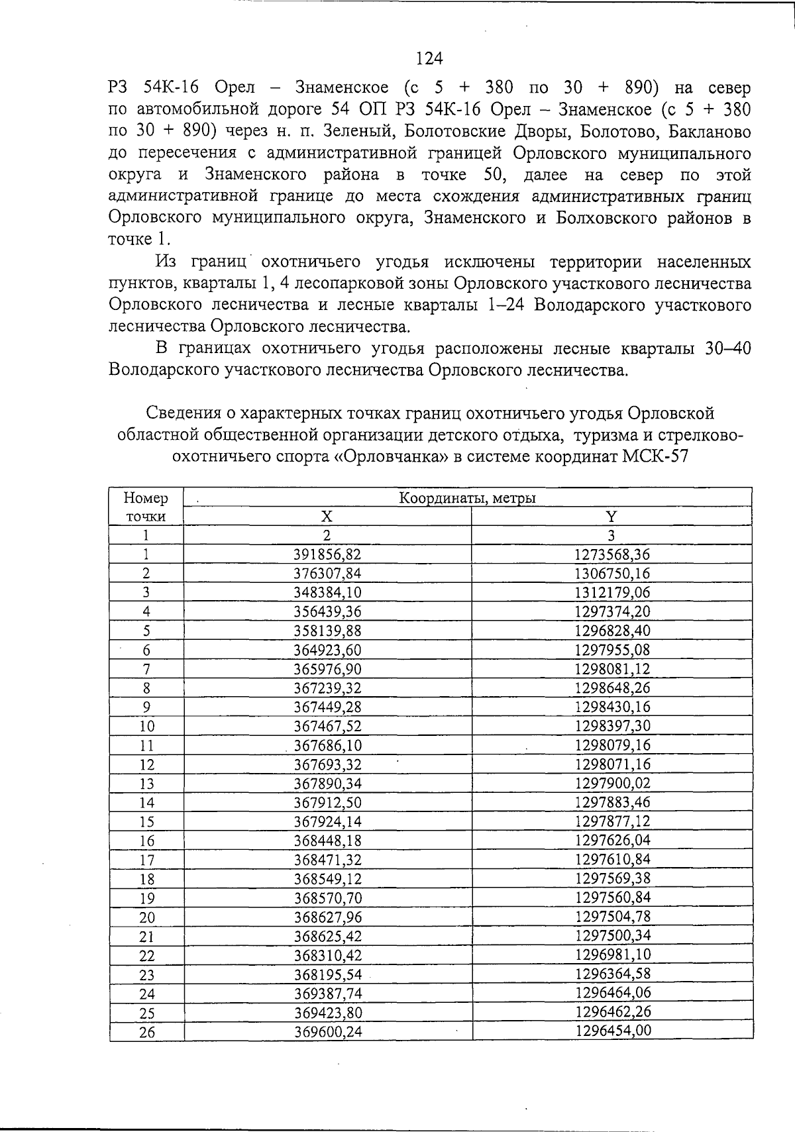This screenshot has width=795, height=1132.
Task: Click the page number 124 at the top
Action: (x=429, y=59)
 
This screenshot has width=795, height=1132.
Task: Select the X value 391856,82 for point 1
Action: (x=327, y=554)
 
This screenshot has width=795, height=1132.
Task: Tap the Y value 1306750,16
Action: (x=612, y=574)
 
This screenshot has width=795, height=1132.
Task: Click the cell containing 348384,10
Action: (x=327, y=593)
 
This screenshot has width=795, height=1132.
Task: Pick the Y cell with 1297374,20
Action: (x=612, y=612)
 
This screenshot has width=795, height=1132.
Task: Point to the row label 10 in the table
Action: (x=146, y=727)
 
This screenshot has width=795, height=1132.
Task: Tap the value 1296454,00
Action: (x=613, y=1031)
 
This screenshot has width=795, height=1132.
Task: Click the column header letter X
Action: (x=327, y=517)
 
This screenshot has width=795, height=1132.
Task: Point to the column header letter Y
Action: (x=611, y=517)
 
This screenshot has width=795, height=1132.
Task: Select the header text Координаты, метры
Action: (x=467, y=498)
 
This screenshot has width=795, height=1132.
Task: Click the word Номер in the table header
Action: (x=146, y=498)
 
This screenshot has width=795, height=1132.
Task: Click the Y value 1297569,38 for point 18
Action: (x=613, y=879)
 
